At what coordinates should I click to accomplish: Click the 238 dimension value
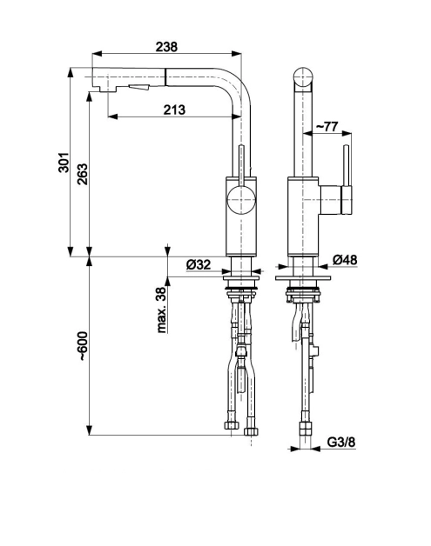(166, 47)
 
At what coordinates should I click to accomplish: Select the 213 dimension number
(174, 110)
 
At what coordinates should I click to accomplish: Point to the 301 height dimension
(64, 163)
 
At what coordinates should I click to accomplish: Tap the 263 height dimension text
(83, 174)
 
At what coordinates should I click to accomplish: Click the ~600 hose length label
(83, 346)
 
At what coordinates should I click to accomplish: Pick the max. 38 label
(161, 310)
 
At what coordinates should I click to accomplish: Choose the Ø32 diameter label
(199, 264)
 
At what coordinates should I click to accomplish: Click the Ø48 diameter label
(345, 260)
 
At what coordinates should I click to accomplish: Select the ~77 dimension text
(327, 127)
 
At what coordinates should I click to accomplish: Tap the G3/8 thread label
(341, 442)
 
